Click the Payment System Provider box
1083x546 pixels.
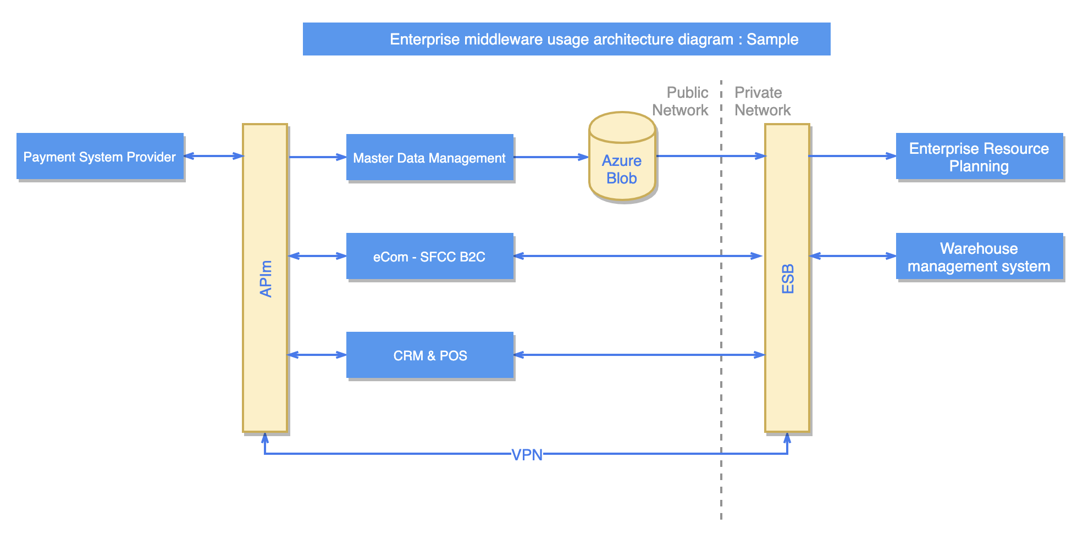100,157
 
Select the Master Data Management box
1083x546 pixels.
429,158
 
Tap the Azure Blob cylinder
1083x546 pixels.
622,165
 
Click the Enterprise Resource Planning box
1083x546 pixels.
979,157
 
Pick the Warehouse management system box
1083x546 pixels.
979,257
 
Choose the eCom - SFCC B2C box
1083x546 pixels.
429,257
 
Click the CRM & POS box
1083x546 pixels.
429,355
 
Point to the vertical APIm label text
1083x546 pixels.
266,278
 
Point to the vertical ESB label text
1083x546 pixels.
787,278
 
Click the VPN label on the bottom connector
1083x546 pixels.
527,455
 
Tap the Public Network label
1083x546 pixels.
682,101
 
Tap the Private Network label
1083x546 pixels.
762,101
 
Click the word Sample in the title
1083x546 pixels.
772,40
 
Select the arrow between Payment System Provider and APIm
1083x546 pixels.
213,156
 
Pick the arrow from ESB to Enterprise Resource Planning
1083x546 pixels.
852,156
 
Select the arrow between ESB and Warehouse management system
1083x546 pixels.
852,256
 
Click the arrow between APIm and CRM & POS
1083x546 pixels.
317,355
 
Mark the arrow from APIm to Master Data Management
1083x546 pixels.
317,157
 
